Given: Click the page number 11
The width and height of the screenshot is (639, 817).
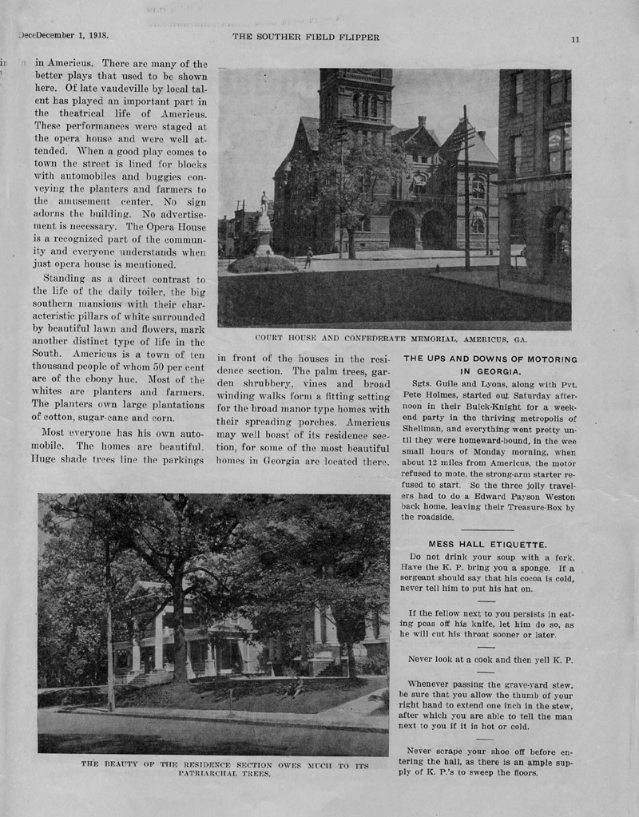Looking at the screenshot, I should click(x=575, y=39).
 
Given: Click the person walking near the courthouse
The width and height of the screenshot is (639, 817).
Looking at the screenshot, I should click(x=308, y=257).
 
